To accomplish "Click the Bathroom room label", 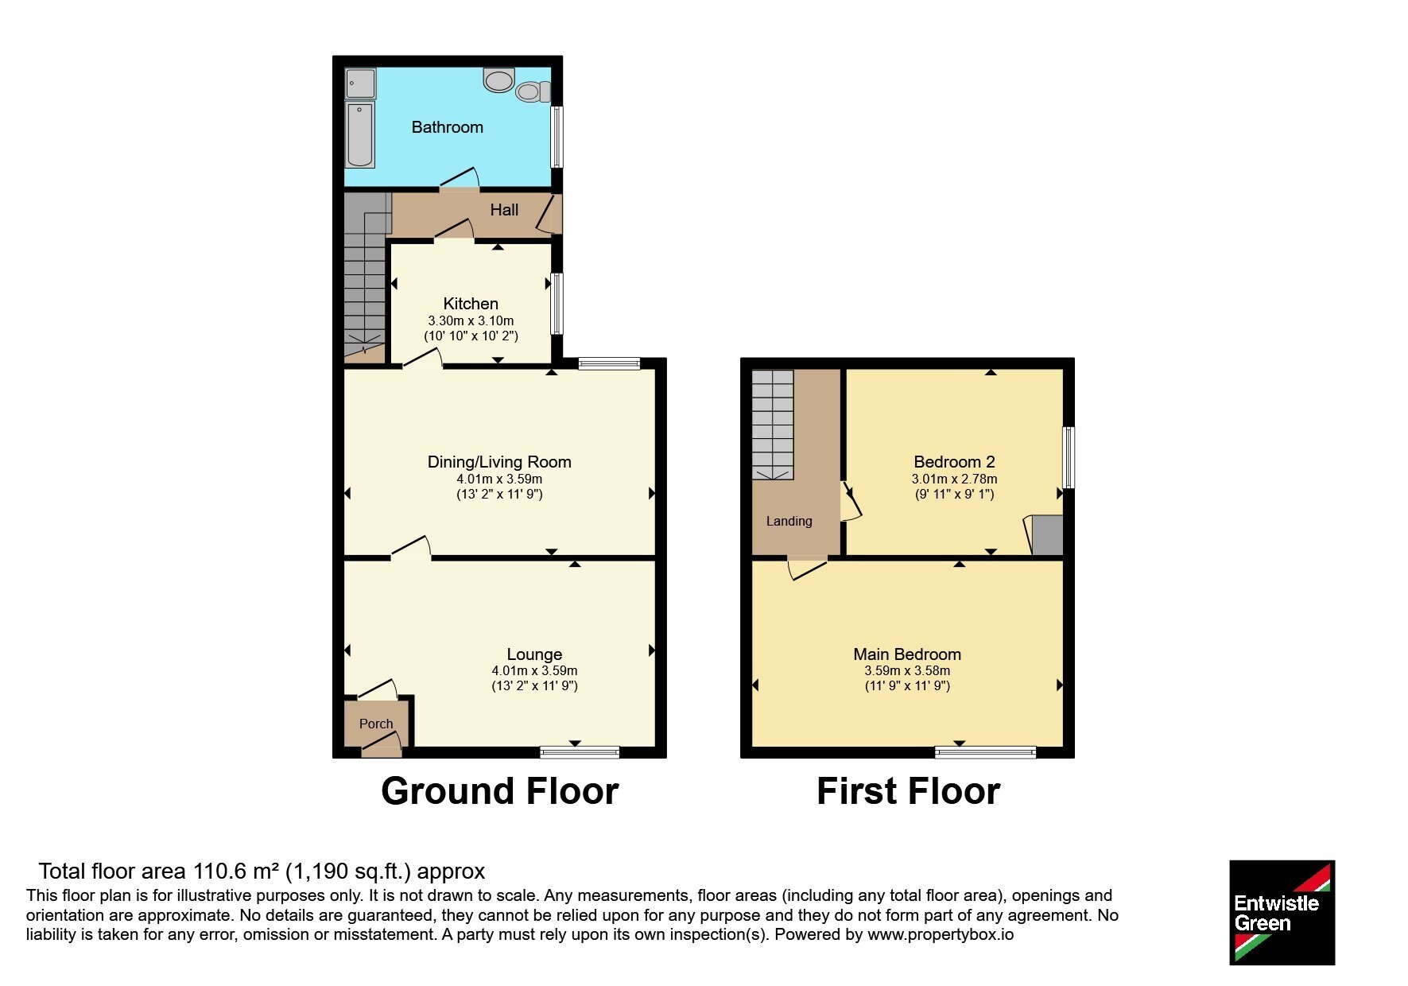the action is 447,127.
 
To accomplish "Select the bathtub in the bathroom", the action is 360,134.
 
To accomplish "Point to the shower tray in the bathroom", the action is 361,83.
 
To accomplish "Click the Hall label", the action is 504,210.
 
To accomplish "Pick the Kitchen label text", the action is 471,304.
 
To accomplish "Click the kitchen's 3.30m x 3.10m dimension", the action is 471,320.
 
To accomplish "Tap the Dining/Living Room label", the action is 499,462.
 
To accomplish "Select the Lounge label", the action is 534,654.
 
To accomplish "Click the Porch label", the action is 376,724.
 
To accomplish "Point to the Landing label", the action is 789,522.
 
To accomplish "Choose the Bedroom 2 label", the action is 954,462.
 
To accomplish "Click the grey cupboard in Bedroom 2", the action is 1046,535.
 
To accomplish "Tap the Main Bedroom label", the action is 907,654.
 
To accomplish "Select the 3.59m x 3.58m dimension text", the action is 907,671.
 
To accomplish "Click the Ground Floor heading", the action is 499,791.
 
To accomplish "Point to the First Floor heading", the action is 908,791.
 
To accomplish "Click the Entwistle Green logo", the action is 1282,913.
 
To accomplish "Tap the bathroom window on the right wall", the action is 557,137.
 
